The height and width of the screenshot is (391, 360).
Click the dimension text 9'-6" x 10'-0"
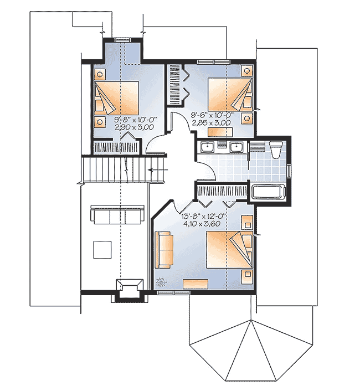(210, 115)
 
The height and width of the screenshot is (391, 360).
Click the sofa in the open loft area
(116, 216)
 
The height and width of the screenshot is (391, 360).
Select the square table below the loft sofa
(103, 249)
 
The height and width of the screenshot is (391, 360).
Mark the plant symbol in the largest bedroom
(162, 282)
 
